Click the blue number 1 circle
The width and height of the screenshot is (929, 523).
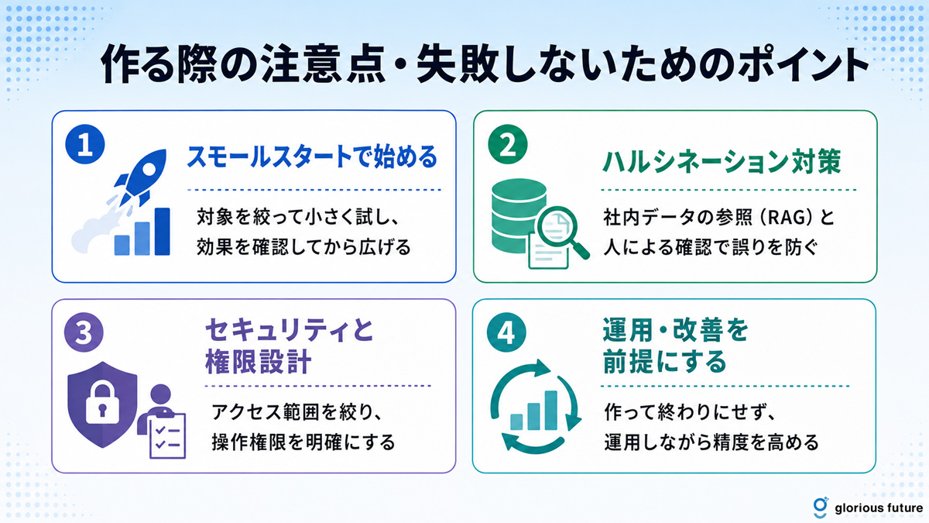85,144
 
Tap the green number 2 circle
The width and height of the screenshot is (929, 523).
508,144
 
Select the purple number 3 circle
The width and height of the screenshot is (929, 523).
84,332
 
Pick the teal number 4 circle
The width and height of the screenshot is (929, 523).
506,332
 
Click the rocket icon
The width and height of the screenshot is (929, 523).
141,177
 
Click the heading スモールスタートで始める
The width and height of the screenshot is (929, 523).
312,157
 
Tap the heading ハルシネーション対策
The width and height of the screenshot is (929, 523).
722,161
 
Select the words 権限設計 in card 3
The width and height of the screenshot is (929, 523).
258,361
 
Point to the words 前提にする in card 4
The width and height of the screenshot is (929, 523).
664,361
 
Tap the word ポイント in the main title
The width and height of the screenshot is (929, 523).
803,66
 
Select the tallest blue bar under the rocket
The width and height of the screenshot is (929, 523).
162,231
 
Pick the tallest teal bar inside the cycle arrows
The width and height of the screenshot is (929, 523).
550,410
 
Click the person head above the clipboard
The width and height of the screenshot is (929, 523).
161,394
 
